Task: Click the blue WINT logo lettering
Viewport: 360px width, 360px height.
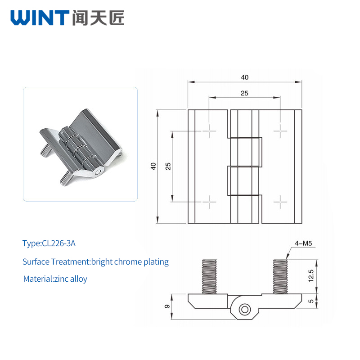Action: click(40, 18)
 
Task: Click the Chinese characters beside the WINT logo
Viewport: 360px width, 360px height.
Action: click(98, 18)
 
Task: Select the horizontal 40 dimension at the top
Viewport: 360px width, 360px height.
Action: click(245, 77)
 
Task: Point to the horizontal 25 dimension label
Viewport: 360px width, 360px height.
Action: click(244, 93)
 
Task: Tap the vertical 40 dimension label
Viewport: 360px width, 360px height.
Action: click(153, 166)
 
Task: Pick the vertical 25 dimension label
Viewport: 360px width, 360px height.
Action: click(168, 166)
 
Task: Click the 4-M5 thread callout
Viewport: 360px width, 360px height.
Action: click(303, 243)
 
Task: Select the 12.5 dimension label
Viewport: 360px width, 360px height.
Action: click(311, 276)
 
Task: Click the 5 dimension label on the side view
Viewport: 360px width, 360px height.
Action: click(311, 301)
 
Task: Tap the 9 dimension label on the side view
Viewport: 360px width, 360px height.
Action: click(167, 306)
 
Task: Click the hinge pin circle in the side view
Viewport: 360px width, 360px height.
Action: click(245, 310)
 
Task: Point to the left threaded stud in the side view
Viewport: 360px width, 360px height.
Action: click(209, 277)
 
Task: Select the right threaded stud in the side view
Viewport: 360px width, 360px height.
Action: click(280, 277)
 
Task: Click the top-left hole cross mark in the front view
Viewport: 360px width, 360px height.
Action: click(209, 131)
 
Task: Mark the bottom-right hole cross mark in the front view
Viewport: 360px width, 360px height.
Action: click(280, 202)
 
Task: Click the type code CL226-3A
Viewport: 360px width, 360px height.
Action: click(59, 243)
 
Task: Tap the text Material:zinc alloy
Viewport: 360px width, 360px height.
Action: click(55, 279)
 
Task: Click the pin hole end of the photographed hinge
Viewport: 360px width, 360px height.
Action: click(98, 172)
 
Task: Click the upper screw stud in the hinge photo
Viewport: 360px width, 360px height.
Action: click(46, 150)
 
